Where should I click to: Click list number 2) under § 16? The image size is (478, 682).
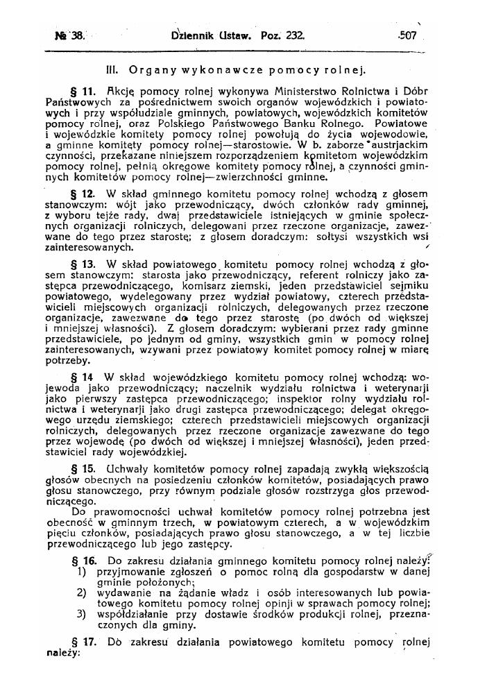[80, 593]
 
